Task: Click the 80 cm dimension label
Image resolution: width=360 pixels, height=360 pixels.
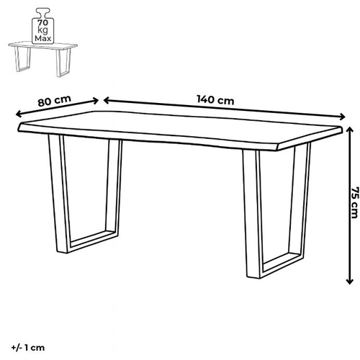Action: coord(54,101)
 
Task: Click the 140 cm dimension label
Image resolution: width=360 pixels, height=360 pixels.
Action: coord(215,99)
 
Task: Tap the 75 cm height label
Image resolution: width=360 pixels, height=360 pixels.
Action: coord(355,202)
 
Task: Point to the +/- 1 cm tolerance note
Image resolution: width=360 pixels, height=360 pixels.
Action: coord(28,348)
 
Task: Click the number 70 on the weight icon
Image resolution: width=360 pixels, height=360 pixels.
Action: coord(43,22)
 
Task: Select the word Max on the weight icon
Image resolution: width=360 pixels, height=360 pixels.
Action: coord(43,38)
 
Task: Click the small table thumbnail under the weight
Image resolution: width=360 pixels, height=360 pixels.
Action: coord(42,59)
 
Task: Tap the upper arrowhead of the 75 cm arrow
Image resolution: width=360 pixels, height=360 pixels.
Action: coord(350,130)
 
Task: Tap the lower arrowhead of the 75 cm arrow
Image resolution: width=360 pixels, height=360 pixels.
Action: coord(350,281)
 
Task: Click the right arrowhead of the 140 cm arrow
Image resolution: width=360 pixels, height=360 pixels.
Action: coord(342,117)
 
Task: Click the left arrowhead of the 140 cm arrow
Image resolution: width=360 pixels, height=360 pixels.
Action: coord(107,101)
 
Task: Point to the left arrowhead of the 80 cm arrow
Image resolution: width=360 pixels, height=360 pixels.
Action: coord(19,114)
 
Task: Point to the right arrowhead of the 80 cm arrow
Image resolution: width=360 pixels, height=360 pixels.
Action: coord(95,101)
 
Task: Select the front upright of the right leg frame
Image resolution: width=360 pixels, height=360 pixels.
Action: coord(252,214)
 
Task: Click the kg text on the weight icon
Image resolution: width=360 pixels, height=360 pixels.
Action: coord(43,30)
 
